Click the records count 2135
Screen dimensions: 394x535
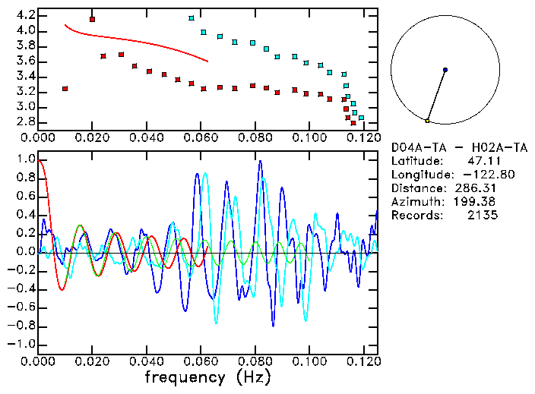coord(482,216)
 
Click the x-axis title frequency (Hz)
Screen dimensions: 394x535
coord(207,377)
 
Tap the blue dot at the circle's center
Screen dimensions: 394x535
coord(445,70)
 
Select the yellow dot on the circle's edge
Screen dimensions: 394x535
coord(428,121)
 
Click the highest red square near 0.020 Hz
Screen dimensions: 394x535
coord(93,19)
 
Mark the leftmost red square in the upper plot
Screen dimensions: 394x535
coord(65,88)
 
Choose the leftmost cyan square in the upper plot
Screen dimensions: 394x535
coord(191,18)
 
